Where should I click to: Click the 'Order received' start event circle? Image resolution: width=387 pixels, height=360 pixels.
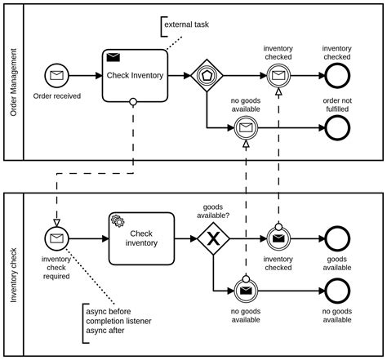point(56,76)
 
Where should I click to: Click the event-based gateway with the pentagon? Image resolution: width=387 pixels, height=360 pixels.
point(207,76)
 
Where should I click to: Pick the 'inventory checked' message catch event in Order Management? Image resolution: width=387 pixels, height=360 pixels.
point(278,76)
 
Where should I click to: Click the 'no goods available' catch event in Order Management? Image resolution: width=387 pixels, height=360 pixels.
point(245,127)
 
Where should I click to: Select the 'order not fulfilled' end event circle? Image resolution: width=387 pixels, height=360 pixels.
point(336,127)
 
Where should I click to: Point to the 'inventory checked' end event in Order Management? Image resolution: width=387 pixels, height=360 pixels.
point(336,76)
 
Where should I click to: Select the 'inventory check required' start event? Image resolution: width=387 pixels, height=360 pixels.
point(56,238)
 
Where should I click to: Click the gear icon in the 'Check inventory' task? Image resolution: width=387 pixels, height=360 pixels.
point(118,221)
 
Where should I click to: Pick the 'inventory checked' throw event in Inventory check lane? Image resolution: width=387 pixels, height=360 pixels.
point(278,238)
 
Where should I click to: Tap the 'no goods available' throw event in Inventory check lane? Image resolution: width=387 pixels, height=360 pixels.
point(245,290)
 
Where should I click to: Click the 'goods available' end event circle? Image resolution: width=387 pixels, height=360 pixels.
point(336,238)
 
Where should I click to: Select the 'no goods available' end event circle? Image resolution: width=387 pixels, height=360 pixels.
point(336,290)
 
